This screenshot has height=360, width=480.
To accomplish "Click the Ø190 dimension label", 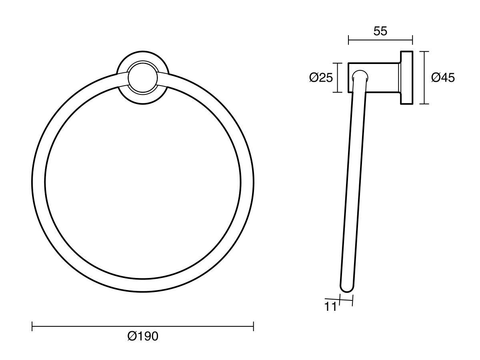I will pos(143,336).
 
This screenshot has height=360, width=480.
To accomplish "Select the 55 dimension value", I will pos(380,31).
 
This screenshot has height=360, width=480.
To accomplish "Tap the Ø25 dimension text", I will pos(321,78).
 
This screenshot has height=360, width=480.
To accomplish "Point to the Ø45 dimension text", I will pos(443,78).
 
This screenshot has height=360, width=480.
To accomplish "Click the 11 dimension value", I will pos(331,307).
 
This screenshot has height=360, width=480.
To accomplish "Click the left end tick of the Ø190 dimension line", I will pos(32,327).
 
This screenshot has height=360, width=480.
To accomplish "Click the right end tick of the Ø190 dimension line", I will pos(254,327).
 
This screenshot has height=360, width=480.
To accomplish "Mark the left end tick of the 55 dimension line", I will pos(349,40).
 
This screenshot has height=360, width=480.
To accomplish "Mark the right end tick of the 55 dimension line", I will pos(412,40).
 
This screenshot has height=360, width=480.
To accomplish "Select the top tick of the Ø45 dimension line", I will pos(424,52).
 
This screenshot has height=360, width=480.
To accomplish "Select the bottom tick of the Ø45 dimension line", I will pos(424,104).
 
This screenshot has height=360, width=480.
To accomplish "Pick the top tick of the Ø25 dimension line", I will pos(338,63).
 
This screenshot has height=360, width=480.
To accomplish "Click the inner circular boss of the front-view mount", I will pos(143,77).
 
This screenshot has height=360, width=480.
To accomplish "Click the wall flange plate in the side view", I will pos(406,78).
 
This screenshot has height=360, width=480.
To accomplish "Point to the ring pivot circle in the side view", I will pos(360,77).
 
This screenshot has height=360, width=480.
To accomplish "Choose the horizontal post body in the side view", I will pos(382,78).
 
